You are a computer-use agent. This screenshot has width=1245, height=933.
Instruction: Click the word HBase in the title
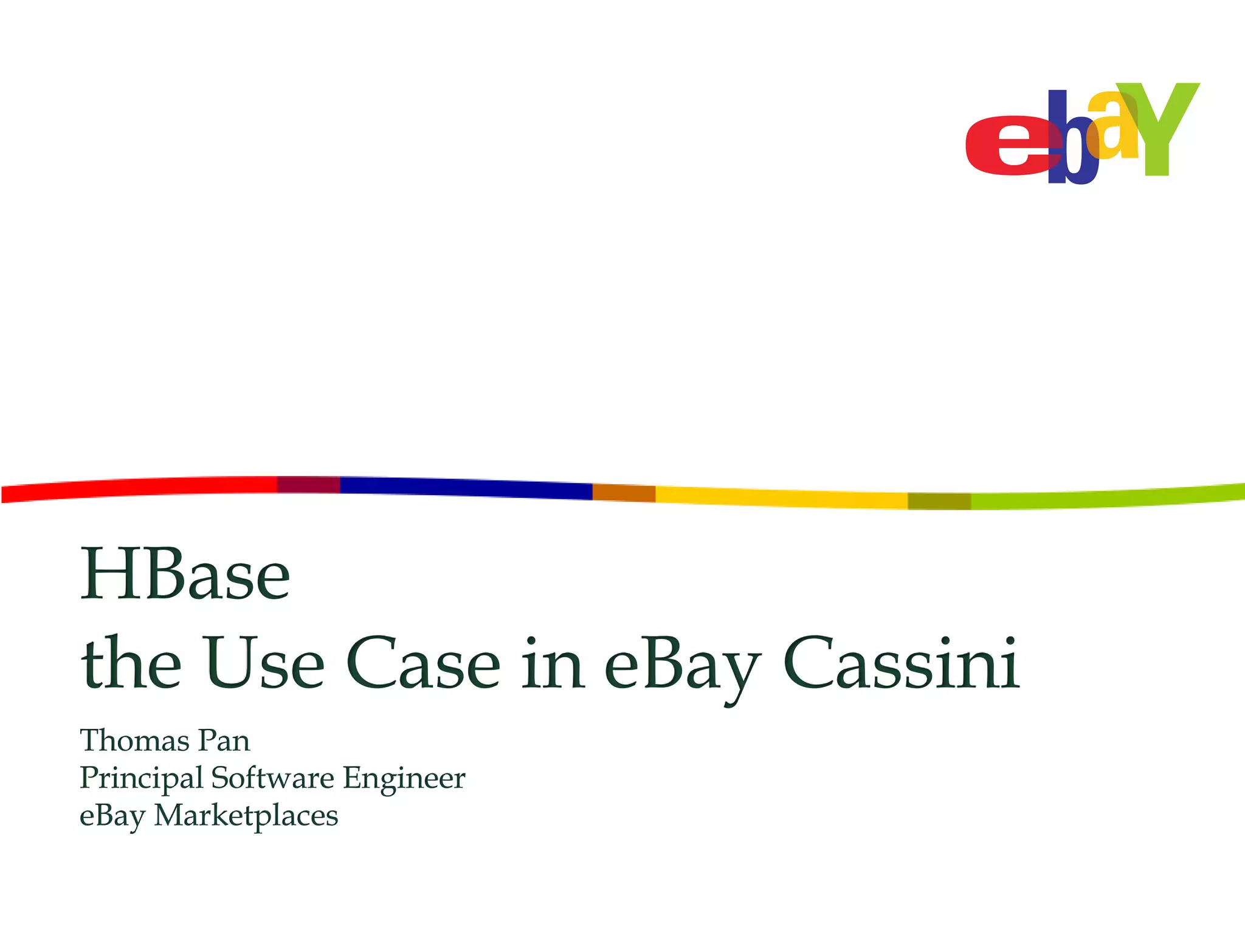pyautogui.click(x=185, y=574)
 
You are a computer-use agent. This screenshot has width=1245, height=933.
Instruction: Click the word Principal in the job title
pyautogui.click(x=141, y=779)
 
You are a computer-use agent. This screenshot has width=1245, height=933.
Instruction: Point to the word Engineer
pyautogui.click(x=404, y=779)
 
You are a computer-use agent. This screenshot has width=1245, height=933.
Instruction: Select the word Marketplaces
pyautogui.click(x=246, y=816)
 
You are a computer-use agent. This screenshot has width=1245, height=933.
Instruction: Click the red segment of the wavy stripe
pyautogui.click(x=140, y=488)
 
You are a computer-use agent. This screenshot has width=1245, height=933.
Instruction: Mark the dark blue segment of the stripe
pyautogui.click(x=465, y=487)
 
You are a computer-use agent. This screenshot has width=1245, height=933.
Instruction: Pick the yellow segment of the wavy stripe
pyautogui.click(x=781, y=497)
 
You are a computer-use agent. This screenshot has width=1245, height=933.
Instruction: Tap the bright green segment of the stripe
pyautogui.click(x=1106, y=498)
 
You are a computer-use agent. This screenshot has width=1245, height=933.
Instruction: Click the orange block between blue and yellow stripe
pyautogui.click(x=624, y=493)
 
